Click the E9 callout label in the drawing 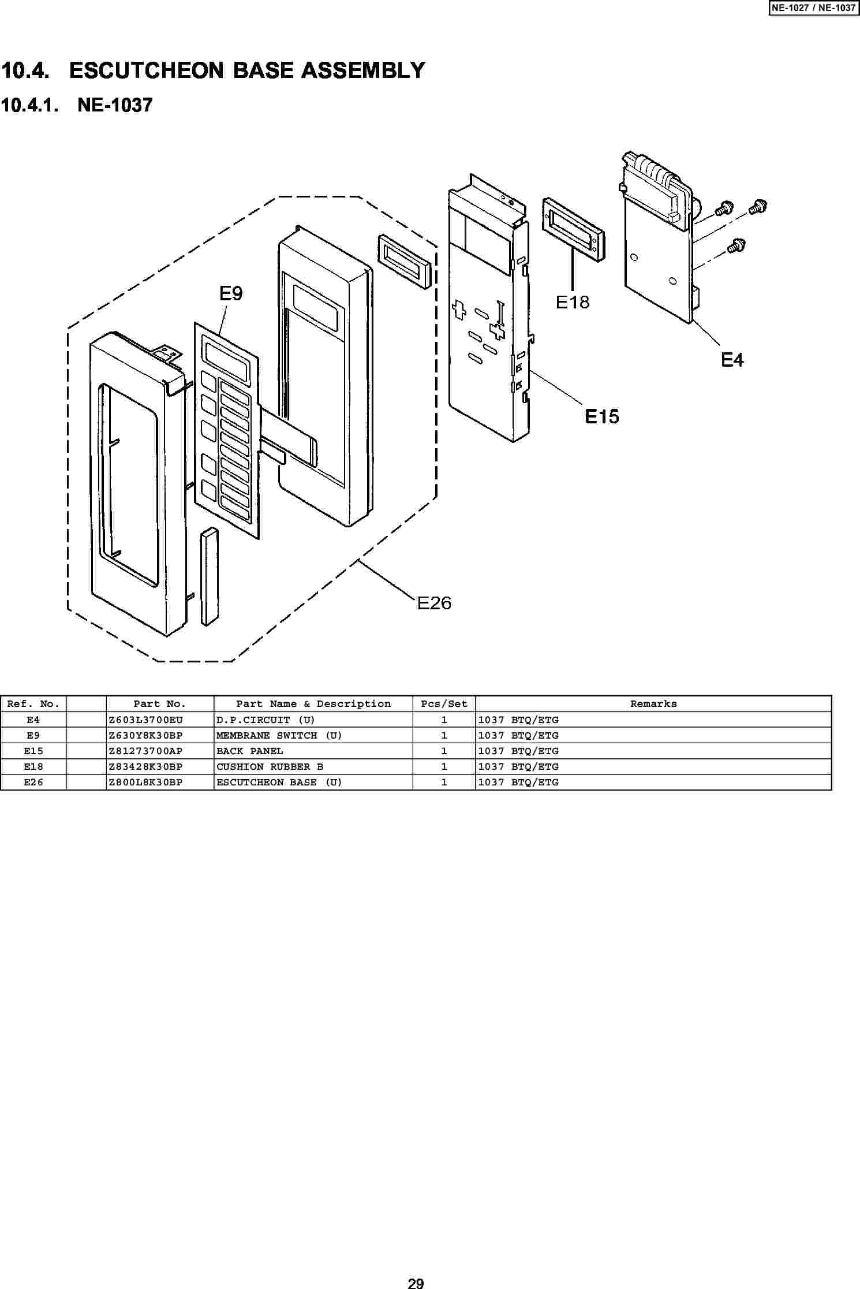click(x=231, y=294)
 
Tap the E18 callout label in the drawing click(x=573, y=301)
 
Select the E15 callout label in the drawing click(x=602, y=416)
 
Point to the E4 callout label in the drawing click(x=732, y=360)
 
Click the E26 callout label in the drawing click(x=434, y=603)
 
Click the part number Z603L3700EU click(x=145, y=720)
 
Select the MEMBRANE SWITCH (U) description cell click(x=279, y=735)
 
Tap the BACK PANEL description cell click(x=250, y=751)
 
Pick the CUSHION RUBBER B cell click(x=270, y=766)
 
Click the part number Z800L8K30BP click(x=145, y=782)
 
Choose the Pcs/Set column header click(x=444, y=704)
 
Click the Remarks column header click(x=653, y=704)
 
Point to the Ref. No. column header click(x=33, y=704)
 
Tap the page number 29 click(x=416, y=1283)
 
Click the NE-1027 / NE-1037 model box click(x=814, y=8)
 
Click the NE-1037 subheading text click(x=115, y=105)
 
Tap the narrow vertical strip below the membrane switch click(x=210, y=576)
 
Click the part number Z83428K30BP click(x=145, y=766)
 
